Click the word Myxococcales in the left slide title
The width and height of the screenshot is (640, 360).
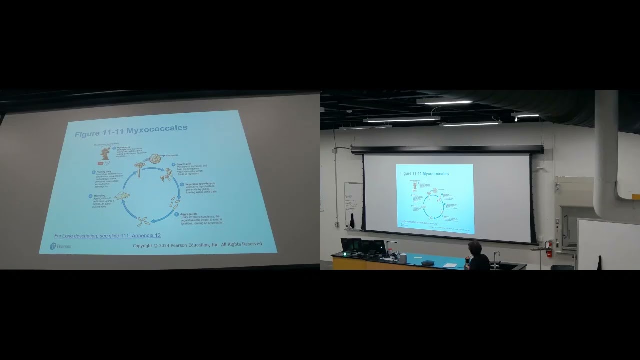157,129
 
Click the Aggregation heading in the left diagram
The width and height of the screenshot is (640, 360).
188,214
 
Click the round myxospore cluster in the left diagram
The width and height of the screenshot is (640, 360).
155,159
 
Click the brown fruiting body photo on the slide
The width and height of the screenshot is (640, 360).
105,153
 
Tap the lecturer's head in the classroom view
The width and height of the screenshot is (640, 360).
475,247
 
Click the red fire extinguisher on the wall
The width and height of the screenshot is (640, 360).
549,249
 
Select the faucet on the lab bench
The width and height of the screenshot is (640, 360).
495,256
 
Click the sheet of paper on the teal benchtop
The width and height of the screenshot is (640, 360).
451,265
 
